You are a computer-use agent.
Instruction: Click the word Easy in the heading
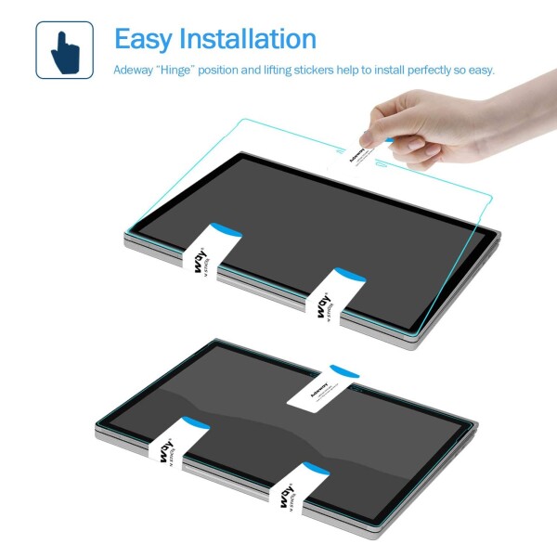[149, 39]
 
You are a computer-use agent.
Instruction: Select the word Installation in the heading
[253, 39]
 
